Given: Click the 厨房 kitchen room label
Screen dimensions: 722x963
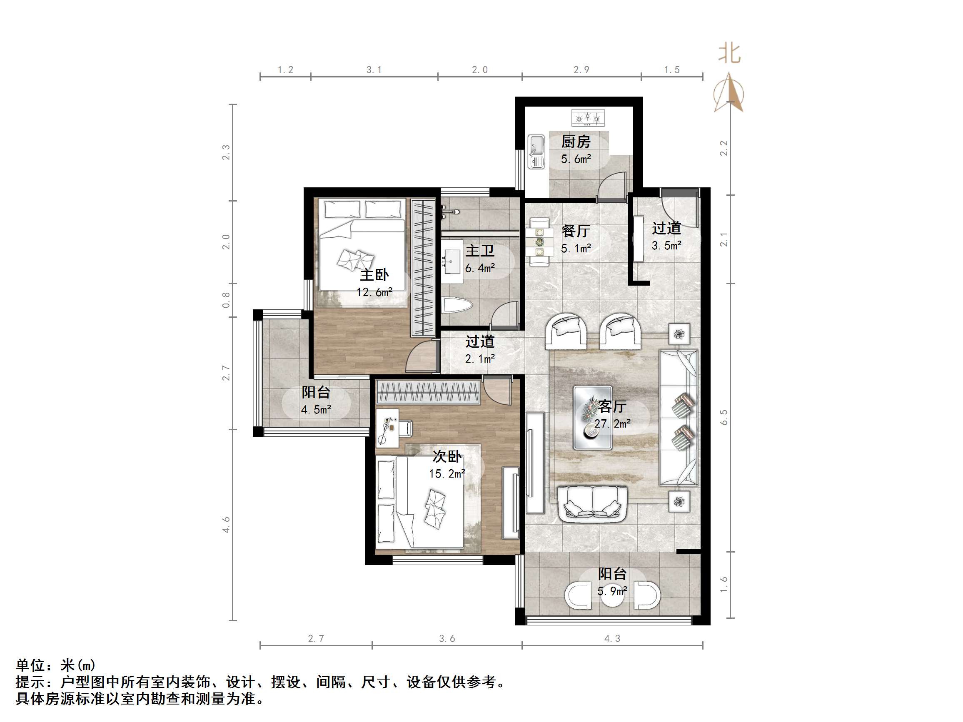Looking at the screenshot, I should tap(576, 142).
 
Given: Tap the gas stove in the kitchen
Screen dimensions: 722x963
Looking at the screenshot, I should tap(588, 117).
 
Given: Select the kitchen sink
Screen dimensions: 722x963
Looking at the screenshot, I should tap(536, 151).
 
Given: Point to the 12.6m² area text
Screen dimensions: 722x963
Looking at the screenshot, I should tap(374, 292).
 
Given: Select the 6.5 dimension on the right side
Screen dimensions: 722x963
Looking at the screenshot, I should tap(723, 417).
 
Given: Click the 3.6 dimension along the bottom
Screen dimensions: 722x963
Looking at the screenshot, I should tap(447, 638).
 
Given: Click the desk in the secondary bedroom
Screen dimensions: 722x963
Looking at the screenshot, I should tap(387, 427).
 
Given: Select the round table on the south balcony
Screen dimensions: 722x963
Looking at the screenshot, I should tap(612, 597).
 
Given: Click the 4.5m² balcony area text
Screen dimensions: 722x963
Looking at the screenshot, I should tap(316, 410).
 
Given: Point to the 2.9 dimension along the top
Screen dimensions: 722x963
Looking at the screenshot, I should tap(581, 70).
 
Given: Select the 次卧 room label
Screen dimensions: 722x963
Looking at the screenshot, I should tap(447, 456).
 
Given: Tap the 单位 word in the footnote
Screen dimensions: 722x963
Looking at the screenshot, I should tap(30, 665).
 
